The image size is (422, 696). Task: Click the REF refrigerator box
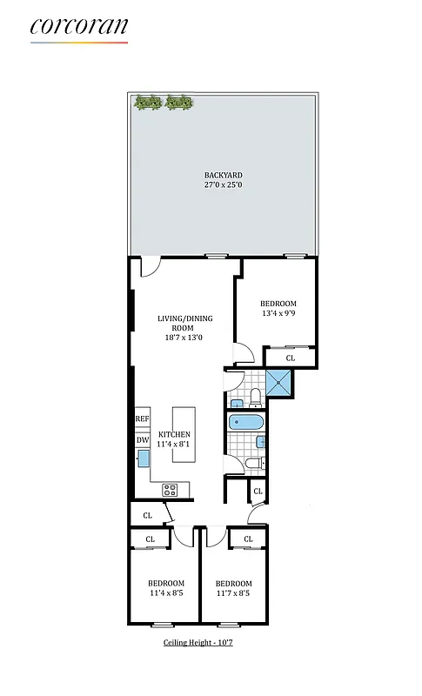pos(142,419)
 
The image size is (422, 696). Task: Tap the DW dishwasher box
pos(142,440)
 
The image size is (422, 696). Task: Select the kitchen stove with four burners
pos(171,489)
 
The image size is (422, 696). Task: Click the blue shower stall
pos(278,380)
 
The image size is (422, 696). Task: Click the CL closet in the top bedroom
pos(290,358)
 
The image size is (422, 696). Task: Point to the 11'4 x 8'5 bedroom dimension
pos(165,594)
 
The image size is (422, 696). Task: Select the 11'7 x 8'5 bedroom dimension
pos(233,594)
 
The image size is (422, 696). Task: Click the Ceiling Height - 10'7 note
pos(199,643)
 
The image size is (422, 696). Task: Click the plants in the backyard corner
pos(163,103)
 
